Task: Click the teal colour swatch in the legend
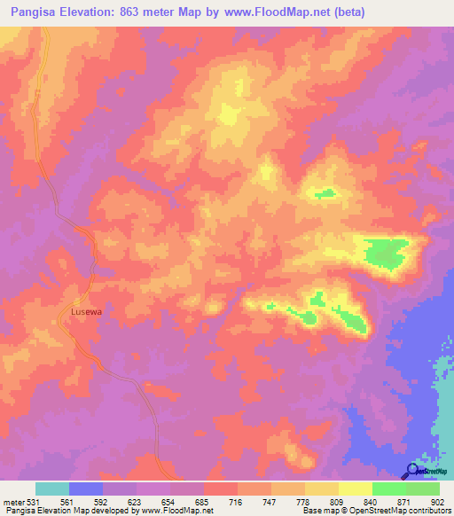coord(52,489)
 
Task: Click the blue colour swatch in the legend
coord(86,489)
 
